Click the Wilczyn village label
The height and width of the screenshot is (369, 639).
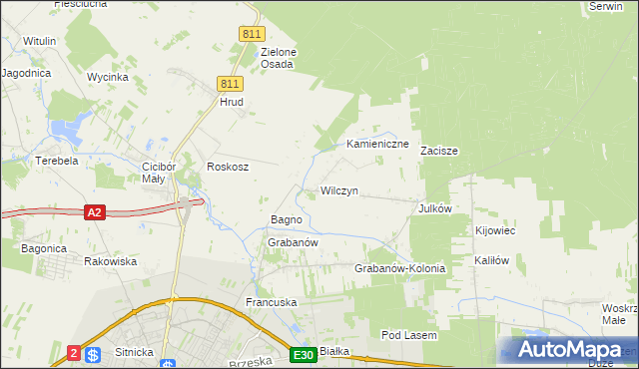click(x=338, y=190)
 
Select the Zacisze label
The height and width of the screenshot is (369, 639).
click(x=438, y=152)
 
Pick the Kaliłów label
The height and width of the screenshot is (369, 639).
click(x=492, y=260)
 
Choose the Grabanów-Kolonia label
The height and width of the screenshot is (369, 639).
click(x=399, y=269)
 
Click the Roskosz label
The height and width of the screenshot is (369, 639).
click(x=227, y=167)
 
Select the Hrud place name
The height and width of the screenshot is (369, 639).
click(x=232, y=102)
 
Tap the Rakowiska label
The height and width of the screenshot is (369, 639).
click(x=110, y=261)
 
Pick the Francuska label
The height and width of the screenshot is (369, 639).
click(x=272, y=301)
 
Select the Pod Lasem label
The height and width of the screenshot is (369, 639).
click(x=408, y=336)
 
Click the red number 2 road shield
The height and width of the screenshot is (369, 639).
click(x=74, y=353)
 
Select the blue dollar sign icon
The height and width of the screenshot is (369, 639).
click(x=93, y=354)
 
